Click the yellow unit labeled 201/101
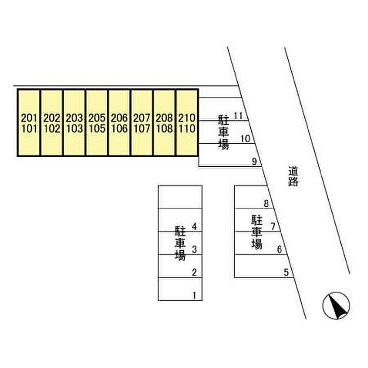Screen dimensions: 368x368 [x=29, y=123]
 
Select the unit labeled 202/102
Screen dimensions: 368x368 [x=52, y=123]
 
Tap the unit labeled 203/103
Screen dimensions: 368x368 [x=75, y=123]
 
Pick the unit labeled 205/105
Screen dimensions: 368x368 [x=97, y=123]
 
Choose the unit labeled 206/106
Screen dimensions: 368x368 [x=120, y=123]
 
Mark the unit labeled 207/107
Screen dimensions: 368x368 [x=142, y=123]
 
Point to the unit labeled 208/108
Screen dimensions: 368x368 [x=165, y=123]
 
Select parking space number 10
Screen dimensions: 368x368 [x=223, y=132]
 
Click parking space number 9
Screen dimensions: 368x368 [x=229, y=155]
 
